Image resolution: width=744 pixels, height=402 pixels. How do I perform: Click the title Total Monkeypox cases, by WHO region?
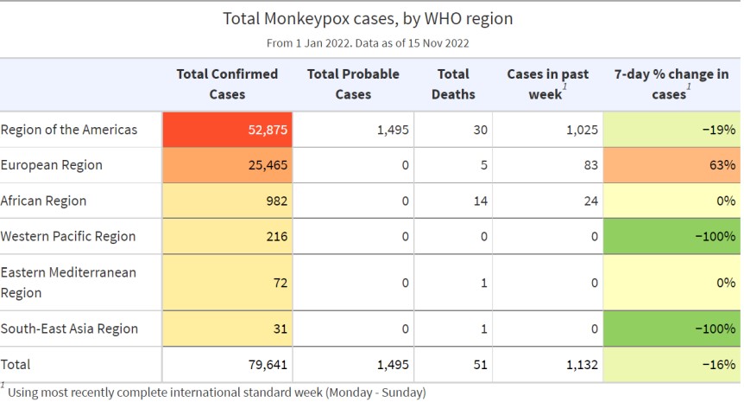click(369, 17)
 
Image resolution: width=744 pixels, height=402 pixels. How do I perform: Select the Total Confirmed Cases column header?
click(227, 84)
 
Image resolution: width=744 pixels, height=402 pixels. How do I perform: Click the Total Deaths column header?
click(453, 84)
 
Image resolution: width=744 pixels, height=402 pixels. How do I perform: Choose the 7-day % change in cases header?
click(671, 84)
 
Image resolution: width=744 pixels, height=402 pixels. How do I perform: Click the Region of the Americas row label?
click(69, 130)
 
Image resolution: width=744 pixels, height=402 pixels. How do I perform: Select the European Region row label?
click(52, 165)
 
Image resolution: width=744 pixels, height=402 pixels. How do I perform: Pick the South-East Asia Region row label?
click(69, 329)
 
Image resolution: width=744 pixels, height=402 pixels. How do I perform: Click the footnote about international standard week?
click(216, 392)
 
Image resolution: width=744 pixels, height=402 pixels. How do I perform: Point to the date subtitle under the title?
click(369, 42)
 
